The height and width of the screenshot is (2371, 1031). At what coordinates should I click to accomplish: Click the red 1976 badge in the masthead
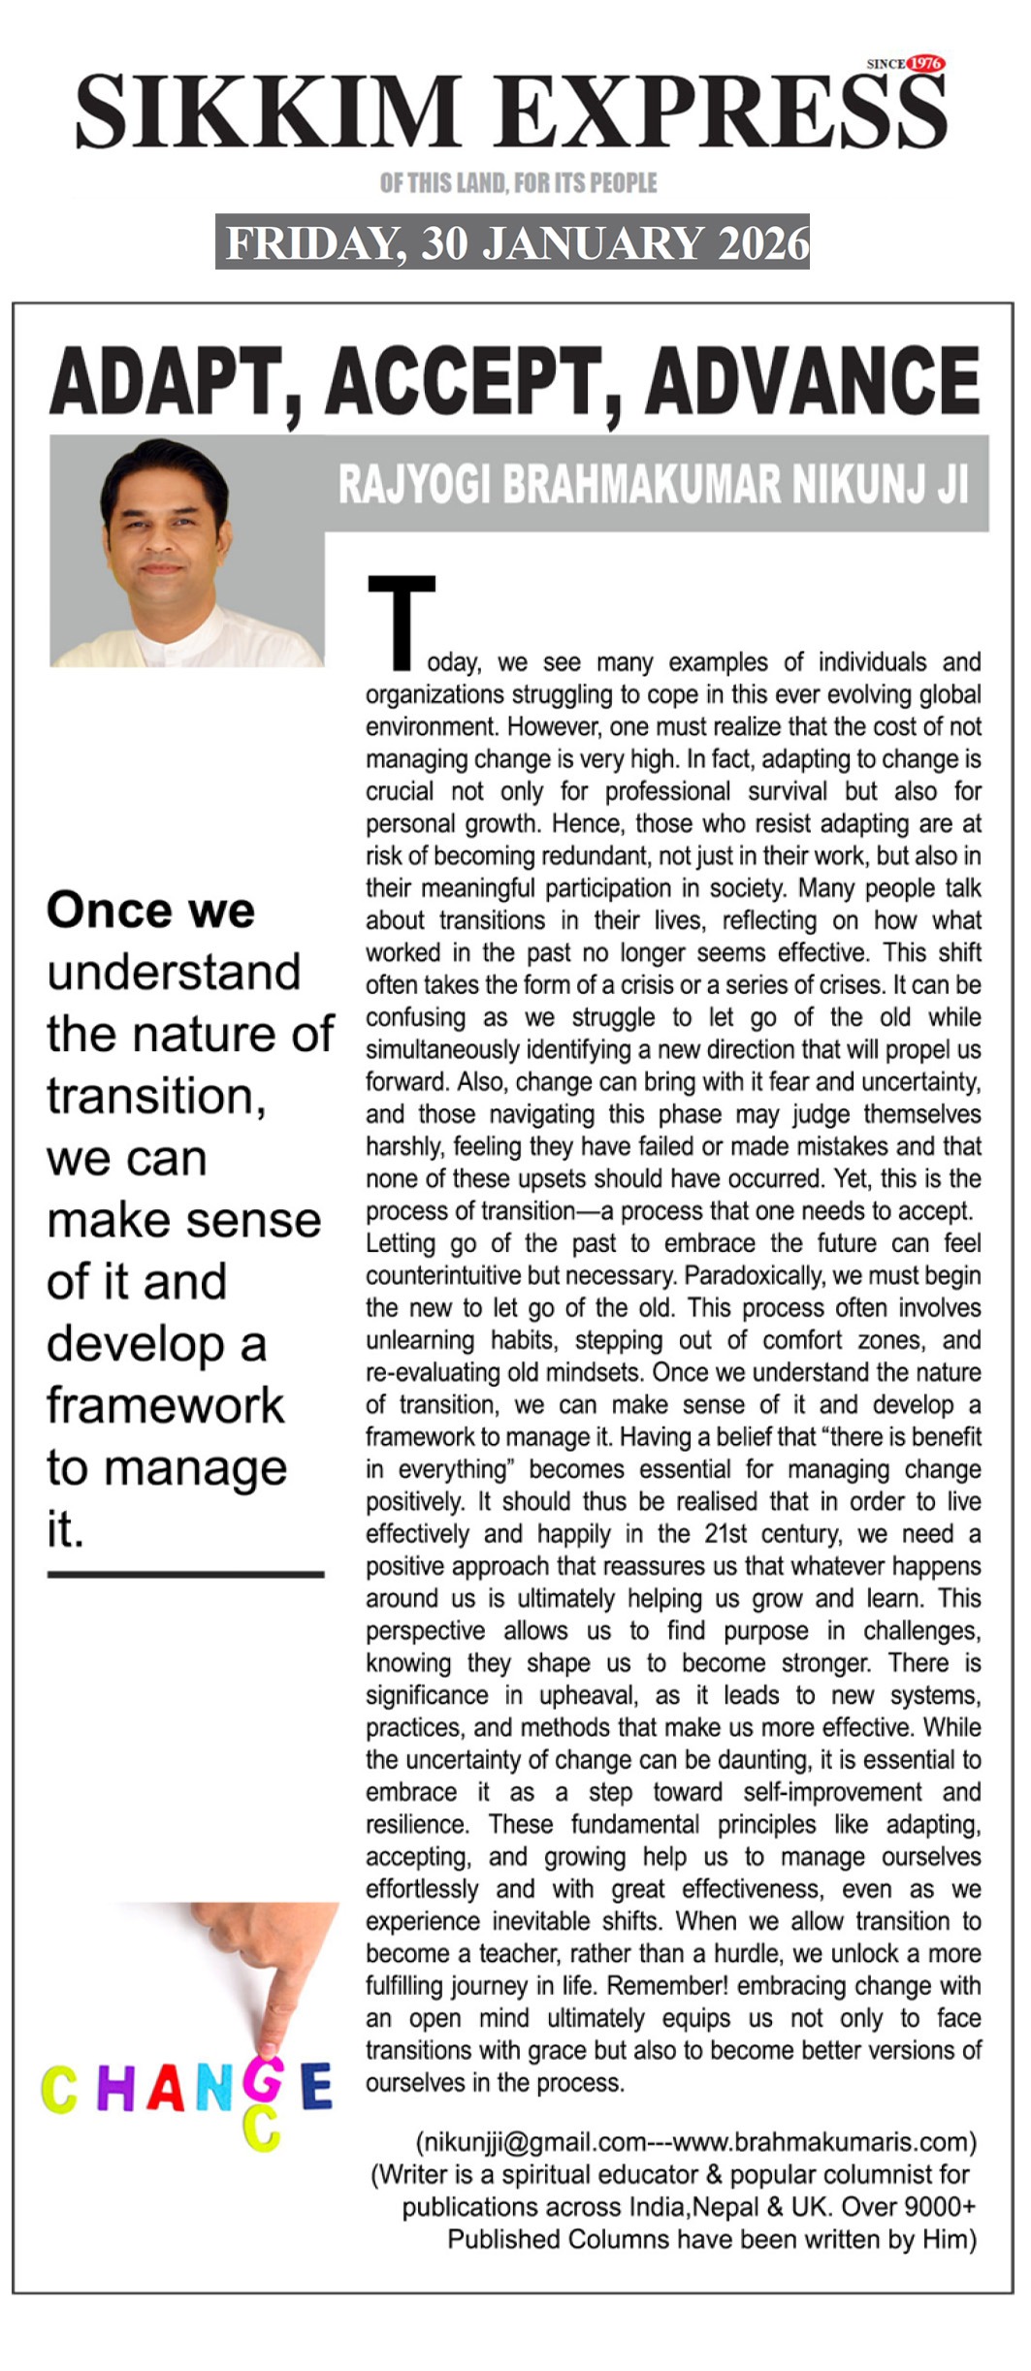tap(924, 63)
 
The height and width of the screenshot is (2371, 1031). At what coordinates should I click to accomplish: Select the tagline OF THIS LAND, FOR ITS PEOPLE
tap(518, 182)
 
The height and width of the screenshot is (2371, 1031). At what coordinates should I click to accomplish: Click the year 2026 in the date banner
tap(762, 242)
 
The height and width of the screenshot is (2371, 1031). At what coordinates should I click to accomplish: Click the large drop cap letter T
tap(401, 622)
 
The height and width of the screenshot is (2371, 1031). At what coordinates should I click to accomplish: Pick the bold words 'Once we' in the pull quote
tap(150, 910)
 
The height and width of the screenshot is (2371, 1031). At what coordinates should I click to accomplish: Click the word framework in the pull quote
tap(166, 1405)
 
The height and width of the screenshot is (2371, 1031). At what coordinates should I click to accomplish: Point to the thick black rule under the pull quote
tap(185, 1574)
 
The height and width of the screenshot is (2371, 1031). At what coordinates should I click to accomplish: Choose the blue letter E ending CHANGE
tap(316, 2088)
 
